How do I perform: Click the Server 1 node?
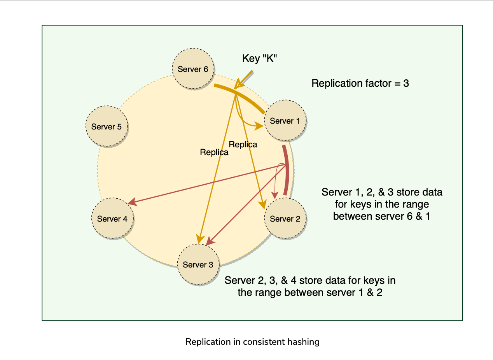coord(285,121)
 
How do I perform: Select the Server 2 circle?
coord(285,218)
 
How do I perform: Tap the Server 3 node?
coord(198,265)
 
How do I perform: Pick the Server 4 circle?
coord(112,218)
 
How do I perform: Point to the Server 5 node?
coord(106,127)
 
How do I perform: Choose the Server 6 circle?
coord(193,69)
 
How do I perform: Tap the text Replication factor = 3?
coord(360,83)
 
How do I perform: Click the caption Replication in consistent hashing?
coord(252,342)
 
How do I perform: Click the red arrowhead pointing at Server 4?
coord(133,202)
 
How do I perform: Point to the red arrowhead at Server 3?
coord(209,241)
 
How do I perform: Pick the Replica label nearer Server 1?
coord(243,145)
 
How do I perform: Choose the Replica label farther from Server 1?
coord(214,152)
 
